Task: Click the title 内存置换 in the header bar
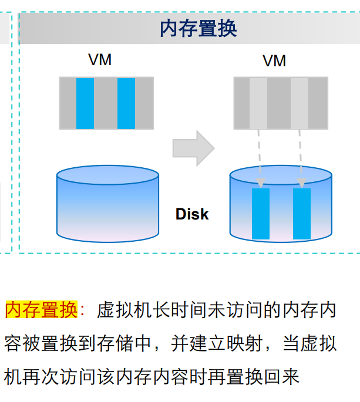coord(198,28)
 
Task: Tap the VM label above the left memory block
coord(100,60)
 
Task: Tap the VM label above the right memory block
coord(274,61)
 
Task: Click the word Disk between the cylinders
coord(192,214)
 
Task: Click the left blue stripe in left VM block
coord(85,103)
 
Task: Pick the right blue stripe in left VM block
coord(126,103)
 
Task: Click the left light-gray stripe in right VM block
coord(258,103)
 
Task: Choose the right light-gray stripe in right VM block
coord(300,103)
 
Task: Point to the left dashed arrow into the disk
coord(260,156)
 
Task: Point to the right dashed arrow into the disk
coord(301,156)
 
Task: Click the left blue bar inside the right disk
coord(261,214)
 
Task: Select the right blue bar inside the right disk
coord(302,214)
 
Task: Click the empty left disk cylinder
coord(108,205)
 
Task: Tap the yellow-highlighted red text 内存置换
coord(41,310)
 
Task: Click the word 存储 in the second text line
coord(126,343)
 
